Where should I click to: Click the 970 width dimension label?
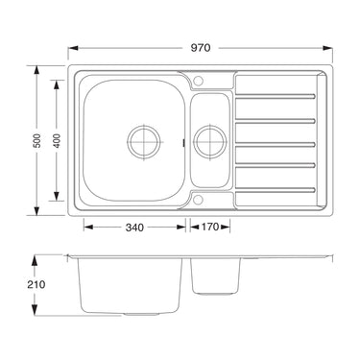coord(201,48)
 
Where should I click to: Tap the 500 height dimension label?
coord(37,140)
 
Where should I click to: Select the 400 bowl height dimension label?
coord(57,140)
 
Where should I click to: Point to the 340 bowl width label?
coord(134,228)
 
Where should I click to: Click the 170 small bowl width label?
coord(209,227)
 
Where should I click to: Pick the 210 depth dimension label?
coord(36,284)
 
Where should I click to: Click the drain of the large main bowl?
coord(144,142)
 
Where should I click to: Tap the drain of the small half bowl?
coord(210,142)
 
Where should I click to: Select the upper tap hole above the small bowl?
coord(198,80)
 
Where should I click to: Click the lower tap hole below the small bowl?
coord(198,200)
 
